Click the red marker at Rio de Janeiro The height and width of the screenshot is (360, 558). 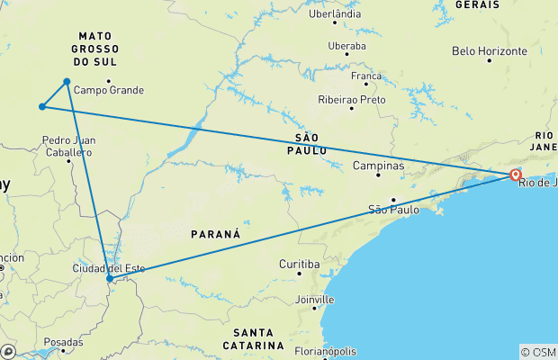pos(516,175)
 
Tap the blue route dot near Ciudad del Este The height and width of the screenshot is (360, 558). pos(110,278)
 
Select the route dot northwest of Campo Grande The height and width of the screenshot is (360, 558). pos(67,82)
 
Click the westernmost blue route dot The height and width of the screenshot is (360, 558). pos(42,107)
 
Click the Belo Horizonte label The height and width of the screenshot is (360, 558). pos(490,51)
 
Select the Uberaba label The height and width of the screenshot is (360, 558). pos(347,46)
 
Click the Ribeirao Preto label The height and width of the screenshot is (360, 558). pos(350,99)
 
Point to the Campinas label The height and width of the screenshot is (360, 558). pos(378,166)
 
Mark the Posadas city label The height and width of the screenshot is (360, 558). pos(63,343)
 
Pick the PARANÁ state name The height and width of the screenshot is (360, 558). pos(215,234)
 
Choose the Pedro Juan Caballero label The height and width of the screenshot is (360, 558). pos(67,147)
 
